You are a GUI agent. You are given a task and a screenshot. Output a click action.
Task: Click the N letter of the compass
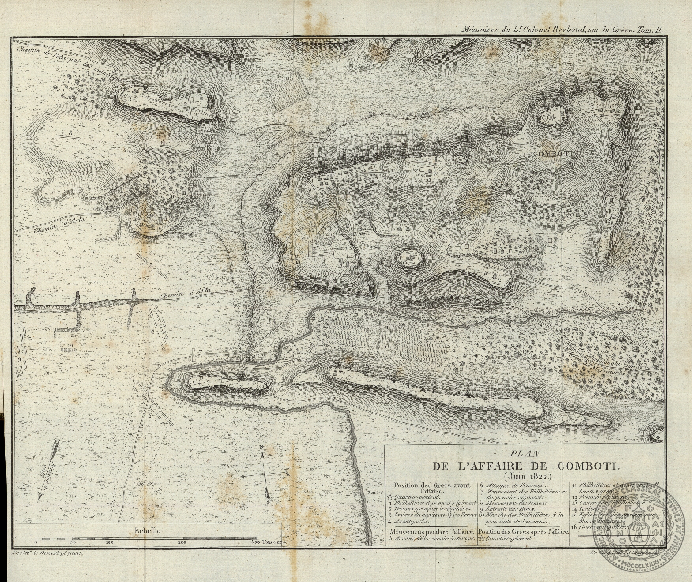coord(262,448)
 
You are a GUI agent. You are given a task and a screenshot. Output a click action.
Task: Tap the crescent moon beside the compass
coord(289,473)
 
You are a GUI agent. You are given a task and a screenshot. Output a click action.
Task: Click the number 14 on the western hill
coord(163,141)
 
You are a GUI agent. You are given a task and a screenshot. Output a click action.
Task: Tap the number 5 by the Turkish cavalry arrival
coord(150,415)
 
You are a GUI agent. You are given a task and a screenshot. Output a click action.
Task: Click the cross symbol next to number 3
coord(136,91)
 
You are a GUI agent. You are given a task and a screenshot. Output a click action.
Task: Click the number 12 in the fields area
coord(316,249)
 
